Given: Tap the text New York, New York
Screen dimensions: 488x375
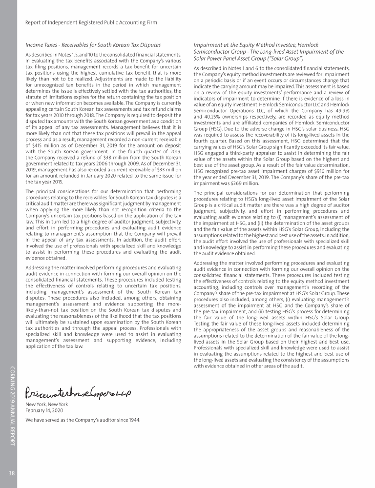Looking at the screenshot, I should tap(46, 405).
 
